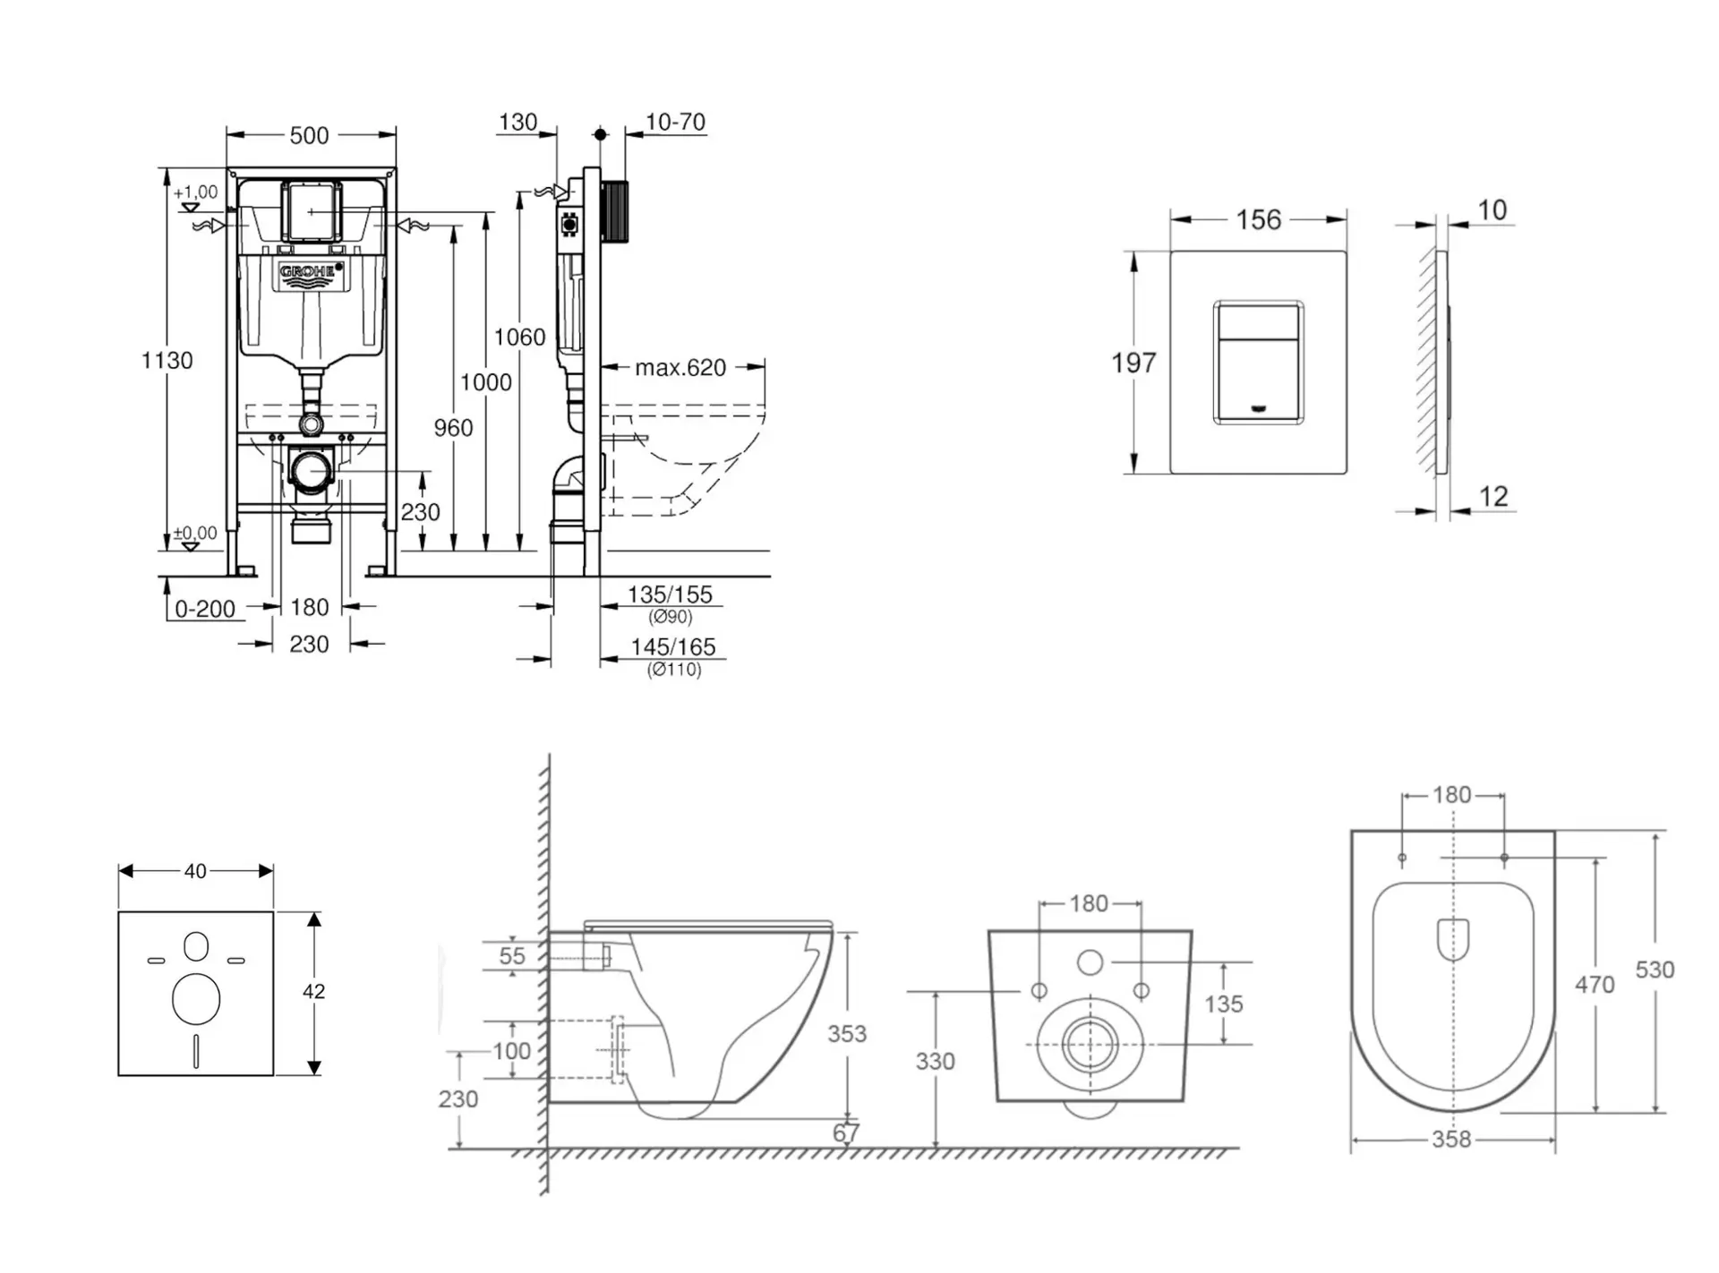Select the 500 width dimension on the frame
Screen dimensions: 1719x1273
pyautogui.click(x=309, y=136)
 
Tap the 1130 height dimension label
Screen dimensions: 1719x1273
pyautogui.click(x=167, y=361)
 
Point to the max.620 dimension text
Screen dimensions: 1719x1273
pyautogui.click(x=680, y=368)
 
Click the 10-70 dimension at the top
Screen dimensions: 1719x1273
pyautogui.click(x=675, y=122)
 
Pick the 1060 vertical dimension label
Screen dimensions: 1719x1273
pyautogui.click(x=519, y=337)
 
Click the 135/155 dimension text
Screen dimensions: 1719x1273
pyautogui.click(x=670, y=594)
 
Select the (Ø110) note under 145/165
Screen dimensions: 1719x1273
pyautogui.click(x=674, y=670)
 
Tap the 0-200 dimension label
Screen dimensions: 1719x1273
pyautogui.click(x=205, y=610)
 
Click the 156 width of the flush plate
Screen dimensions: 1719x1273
pyautogui.click(x=1258, y=220)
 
